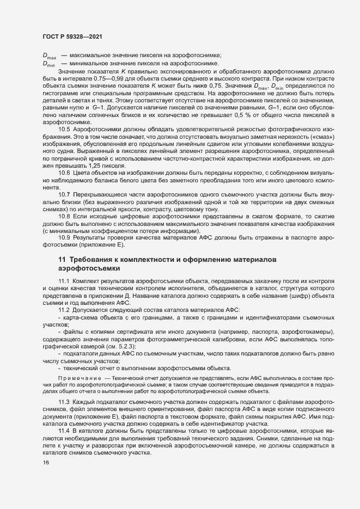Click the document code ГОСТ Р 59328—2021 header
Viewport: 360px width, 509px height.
(x=72, y=36)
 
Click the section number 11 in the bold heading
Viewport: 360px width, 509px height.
(x=62, y=260)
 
